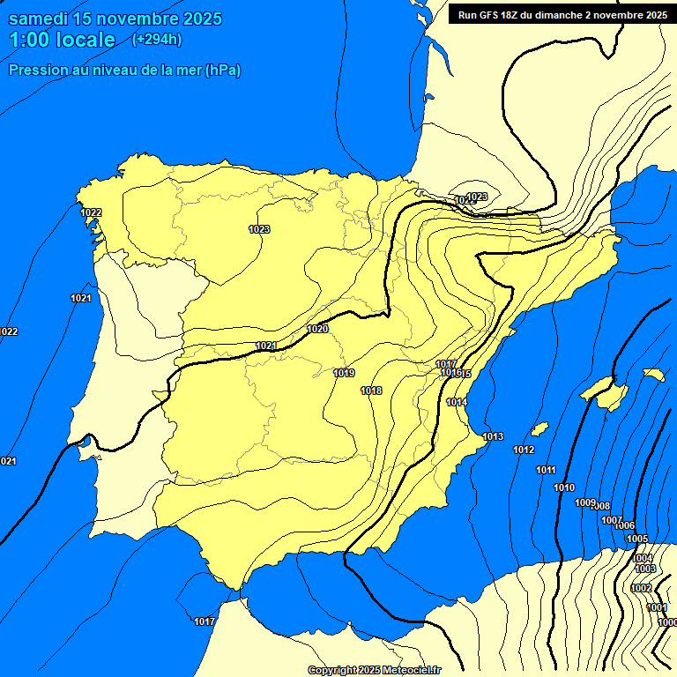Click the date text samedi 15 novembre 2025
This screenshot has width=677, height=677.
click(115, 19)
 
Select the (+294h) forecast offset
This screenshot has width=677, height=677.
click(156, 39)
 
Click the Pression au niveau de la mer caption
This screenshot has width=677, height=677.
click(124, 70)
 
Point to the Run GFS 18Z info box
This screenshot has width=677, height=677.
click(562, 14)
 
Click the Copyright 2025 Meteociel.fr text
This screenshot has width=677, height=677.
click(375, 671)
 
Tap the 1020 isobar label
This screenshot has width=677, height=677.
click(317, 329)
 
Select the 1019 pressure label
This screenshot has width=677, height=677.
click(344, 373)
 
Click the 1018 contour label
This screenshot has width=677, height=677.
click(371, 391)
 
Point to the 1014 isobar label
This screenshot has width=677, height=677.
click(457, 402)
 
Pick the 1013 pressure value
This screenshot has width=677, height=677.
click(493, 436)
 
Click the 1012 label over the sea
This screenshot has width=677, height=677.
click(524, 450)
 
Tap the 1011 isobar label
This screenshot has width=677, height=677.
click(546, 470)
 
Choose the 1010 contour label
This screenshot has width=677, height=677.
click(564, 487)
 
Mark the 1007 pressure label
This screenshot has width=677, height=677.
click(612, 520)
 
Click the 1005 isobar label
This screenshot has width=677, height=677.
click(637, 539)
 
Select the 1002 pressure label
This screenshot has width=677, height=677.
click(641, 588)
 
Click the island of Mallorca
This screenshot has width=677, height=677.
click(607, 392)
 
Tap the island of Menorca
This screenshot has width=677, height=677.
click(653, 375)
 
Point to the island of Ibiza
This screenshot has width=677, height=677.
click(539, 429)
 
